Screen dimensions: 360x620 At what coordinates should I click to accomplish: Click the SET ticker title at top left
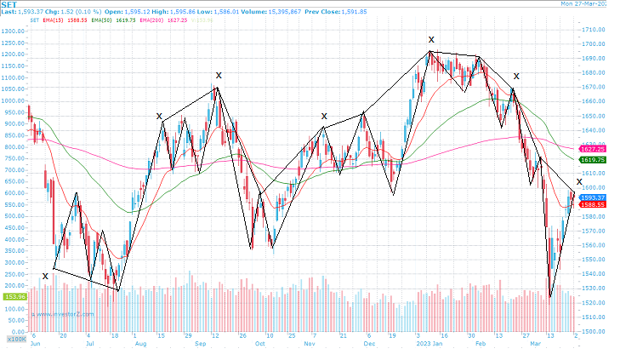coord(9,4)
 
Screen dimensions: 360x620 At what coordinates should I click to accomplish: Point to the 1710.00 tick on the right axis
coord(592,30)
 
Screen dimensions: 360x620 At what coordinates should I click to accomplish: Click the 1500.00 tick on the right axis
coord(592,332)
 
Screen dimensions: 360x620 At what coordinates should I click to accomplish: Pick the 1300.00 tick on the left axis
coord(13,31)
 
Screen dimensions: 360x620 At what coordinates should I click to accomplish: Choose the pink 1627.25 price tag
coord(591,149)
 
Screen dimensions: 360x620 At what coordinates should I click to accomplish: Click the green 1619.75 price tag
coord(591,160)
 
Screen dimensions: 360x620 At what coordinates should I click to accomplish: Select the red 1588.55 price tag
coord(591,204)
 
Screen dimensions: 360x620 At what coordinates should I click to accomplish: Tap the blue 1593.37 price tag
coord(591,197)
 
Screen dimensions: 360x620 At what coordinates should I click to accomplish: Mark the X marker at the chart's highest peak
coord(431,40)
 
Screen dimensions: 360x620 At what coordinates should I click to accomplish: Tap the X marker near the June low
coord(45,276)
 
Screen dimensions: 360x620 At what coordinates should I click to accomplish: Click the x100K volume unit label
coord(14,339)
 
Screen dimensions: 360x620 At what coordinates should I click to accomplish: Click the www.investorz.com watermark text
coord(64,313)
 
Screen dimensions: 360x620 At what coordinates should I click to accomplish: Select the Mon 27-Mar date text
coord(588,4)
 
